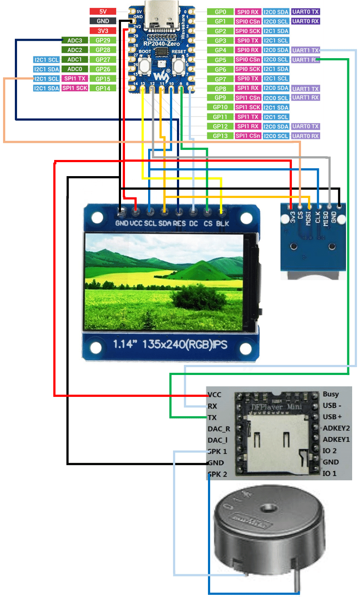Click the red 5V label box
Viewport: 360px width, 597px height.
[103, 11]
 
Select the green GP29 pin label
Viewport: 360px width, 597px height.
[103, 40]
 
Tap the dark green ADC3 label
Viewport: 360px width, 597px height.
[75, 40]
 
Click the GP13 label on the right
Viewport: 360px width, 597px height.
[220, 136]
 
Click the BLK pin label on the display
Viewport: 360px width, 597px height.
[222, 223]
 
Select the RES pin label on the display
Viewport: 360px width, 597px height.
[179, 223]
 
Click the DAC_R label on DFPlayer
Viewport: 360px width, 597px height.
[219, 429]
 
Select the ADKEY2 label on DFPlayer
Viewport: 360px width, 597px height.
[336, 428]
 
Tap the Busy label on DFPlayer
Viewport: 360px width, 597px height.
[331, 394]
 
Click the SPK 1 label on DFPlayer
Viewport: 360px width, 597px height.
[218, 451]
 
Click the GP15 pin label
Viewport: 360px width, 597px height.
[103, 79]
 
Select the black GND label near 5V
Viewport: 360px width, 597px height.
[103, 21]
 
